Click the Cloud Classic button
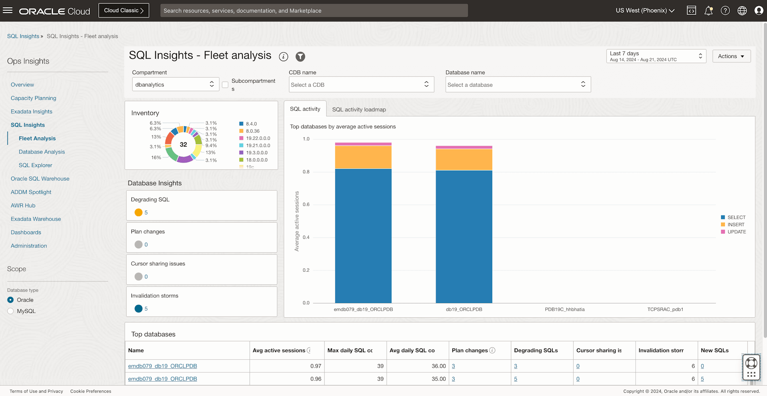[123, 10]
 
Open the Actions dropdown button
[731, 56]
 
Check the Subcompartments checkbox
[225, 85]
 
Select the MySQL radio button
[11, 311]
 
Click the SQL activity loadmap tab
[359, 109]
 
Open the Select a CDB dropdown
[361, 85]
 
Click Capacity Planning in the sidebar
[34, 98]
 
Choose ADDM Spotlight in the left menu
[31, 192]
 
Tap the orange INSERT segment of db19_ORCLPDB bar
[464, 159]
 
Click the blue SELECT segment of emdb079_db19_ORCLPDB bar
[363, 236]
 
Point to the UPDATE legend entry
[736, 232]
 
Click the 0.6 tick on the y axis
[306, 205]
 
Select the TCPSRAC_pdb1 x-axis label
[665, 309]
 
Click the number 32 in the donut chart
[183, 145]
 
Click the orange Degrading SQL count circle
[139, 213]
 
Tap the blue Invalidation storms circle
[139, 308]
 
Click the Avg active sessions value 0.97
[316, 366]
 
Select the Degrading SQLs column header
[536, 350]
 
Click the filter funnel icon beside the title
[300, 57]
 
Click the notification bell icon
[708, 11]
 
